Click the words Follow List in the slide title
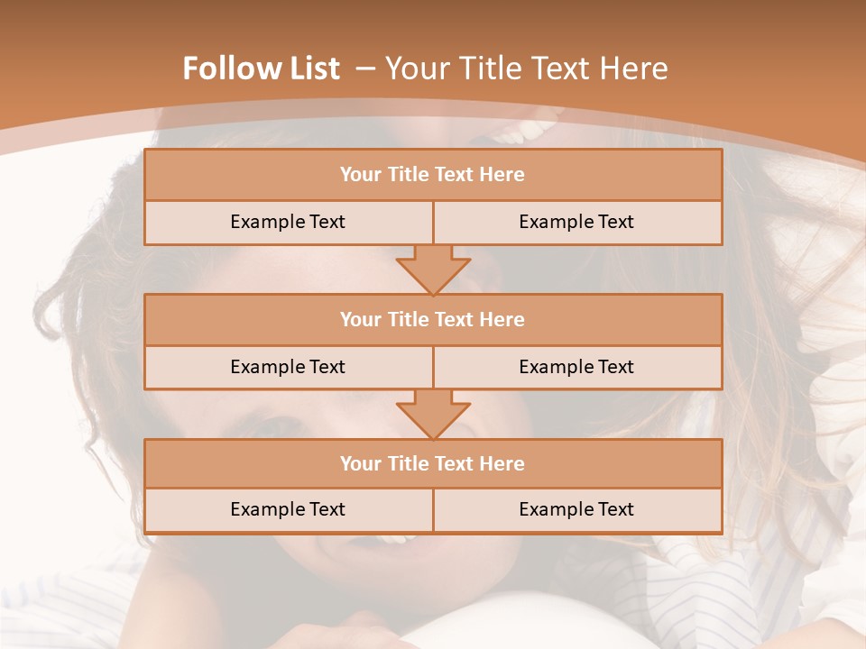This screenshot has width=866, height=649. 261,69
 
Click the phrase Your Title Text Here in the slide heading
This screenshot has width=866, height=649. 526,69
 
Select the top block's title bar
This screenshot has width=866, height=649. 433,175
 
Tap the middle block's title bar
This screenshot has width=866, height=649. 433,319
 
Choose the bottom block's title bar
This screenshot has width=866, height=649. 433,463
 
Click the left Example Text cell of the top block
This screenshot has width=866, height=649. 288,222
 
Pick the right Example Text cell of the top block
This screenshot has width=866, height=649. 576,222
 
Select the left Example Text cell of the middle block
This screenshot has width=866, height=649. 288,367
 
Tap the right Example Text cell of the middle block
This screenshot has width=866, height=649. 576,367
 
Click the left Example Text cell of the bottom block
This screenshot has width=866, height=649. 288,509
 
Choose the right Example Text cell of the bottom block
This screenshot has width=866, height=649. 576,509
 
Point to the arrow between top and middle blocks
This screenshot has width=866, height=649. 433,270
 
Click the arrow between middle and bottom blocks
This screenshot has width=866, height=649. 433,414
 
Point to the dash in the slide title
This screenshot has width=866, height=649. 365,69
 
